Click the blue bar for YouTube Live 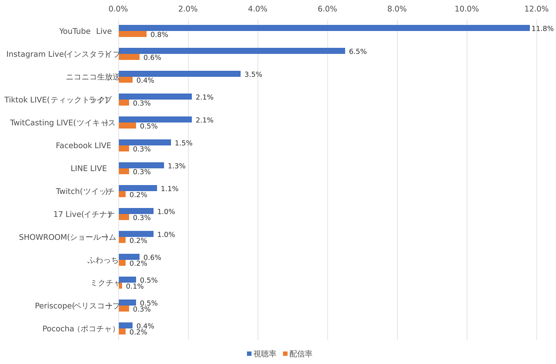coord(324,28)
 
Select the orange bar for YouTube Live coord(132,34)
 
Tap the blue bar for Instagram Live coord(232,51)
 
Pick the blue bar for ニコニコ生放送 coord(179,74)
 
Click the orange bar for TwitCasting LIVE coord(127,126)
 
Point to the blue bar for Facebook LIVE coord(145,142)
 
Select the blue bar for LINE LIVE coord(141,165)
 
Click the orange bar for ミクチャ coord(120,286)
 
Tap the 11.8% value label coord(542,29)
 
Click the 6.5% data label coord(357,52)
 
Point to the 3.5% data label coord(253,75)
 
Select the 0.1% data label coord(135,287)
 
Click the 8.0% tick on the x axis coord(397,9)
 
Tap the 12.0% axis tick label coord(536,9)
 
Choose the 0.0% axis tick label coord(118,9)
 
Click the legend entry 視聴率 coord(261,354)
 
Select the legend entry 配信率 coord(298,354)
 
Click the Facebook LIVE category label coord(83,146)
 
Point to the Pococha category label coord(79,329)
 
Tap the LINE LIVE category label coord(89,169)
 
